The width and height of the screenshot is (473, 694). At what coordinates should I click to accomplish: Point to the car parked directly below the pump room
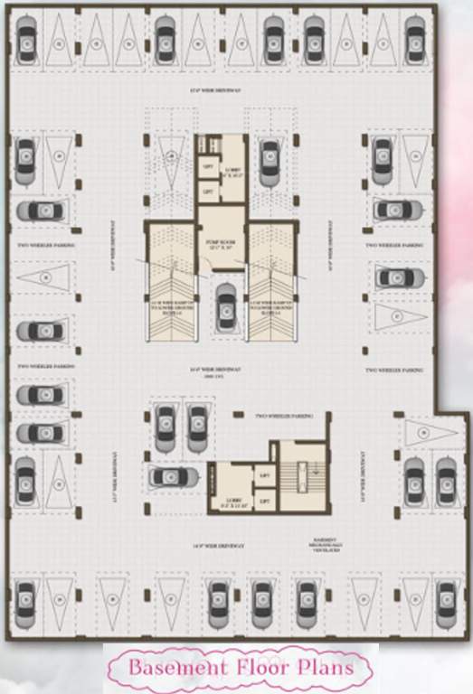(x=226, y=305)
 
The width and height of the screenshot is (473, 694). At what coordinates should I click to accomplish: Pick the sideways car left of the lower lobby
(x=172, y=476)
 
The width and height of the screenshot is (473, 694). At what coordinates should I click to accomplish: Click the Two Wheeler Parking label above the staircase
(x=283, y=415)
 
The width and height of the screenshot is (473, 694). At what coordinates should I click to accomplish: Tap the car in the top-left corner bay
(x=27, y=40)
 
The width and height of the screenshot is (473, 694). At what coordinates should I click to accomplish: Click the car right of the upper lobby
(x=270, y=158)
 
